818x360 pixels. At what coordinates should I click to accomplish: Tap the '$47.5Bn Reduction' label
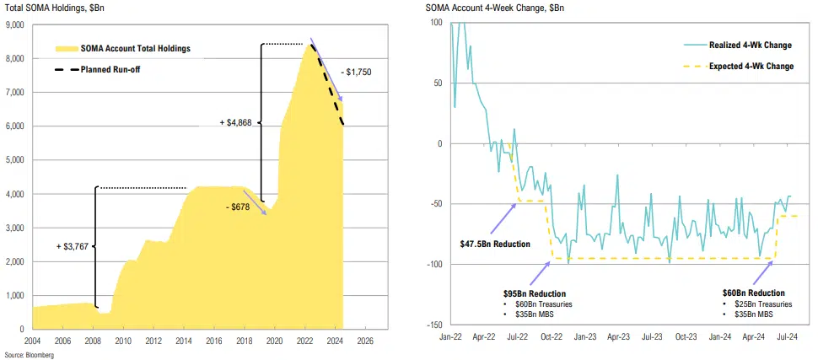495,244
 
